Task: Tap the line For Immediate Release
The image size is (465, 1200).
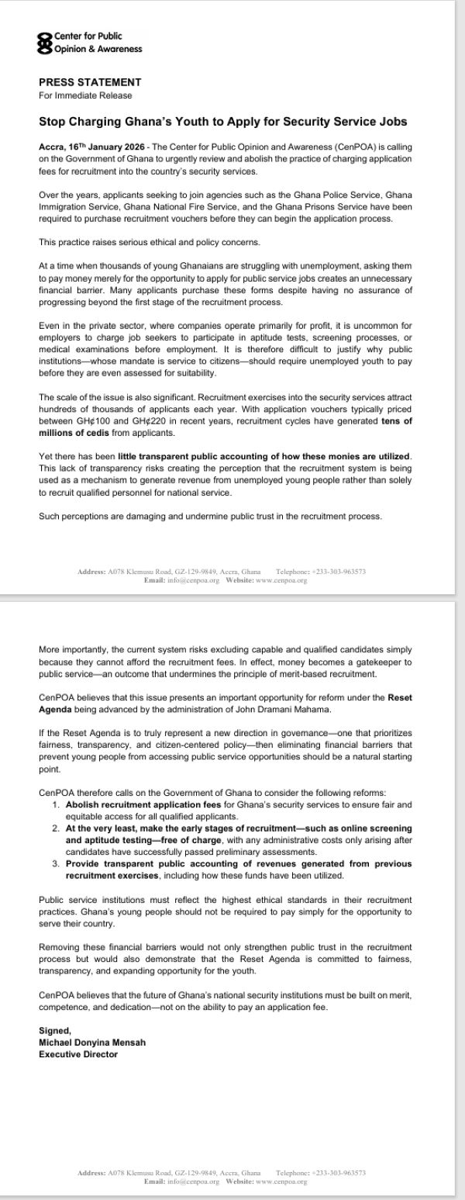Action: (85, 95)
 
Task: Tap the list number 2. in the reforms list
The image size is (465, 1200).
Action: (57, 828)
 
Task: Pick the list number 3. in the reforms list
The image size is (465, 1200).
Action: (57, 863)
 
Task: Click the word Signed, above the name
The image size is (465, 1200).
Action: (54, 1029)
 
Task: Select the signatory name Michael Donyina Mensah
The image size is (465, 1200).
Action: (91, 1042)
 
